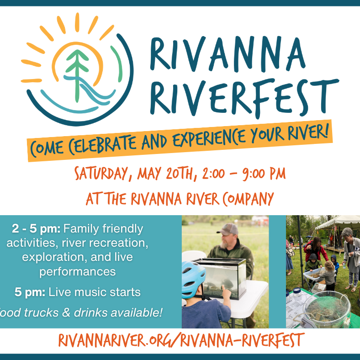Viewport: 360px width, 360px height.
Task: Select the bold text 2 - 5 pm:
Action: (38, 228)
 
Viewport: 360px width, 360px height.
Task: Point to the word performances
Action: (77, 272)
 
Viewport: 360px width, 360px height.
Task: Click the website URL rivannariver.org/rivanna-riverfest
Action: (181, 340)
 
